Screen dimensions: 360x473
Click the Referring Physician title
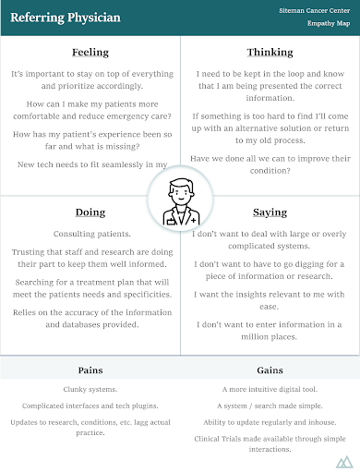tap(58, 17)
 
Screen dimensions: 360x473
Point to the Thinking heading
tap(270, 52)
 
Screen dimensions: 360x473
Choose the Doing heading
tap(90, 212)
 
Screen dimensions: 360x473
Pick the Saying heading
tap(270, 212)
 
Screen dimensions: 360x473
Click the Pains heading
tap(90, 370)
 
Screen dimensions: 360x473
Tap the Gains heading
tap(270, 370)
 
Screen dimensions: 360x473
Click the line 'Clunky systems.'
tap(90, 390)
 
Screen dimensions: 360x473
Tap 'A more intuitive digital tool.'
tap(270, 390)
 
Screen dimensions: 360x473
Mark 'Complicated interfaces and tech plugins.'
tap(90, 406)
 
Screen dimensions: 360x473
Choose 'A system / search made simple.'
tap(270, 406)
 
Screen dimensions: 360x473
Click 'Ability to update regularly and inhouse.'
tap(270, 422)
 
